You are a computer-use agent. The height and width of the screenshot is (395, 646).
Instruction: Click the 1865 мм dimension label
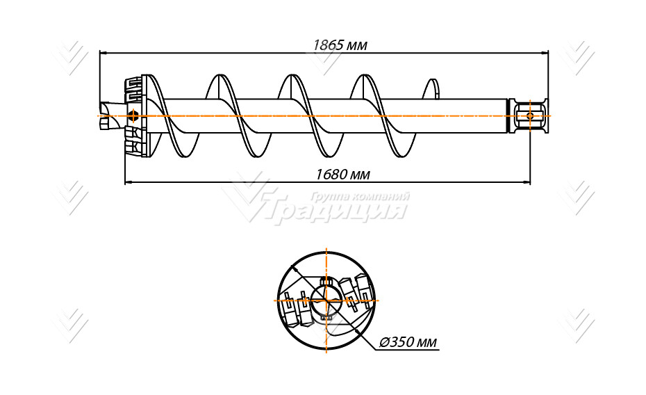(340, 45)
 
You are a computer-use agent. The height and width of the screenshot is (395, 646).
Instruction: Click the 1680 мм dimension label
(342, 175)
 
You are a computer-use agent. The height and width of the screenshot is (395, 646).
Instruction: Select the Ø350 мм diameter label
(408, 342)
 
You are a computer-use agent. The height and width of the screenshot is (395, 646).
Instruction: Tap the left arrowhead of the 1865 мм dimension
(103, 53)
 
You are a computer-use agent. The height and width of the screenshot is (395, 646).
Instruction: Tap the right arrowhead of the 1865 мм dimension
(545, 53)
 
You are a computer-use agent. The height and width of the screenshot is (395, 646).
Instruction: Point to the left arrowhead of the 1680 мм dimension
(129, 181)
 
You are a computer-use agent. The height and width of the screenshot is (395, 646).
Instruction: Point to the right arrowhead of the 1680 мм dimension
(526, 181)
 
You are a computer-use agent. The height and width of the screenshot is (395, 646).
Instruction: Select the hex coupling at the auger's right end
(529, 116)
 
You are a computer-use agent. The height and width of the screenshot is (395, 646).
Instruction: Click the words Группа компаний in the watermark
(360, 196)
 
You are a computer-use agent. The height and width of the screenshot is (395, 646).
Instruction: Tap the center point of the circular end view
(326, 300)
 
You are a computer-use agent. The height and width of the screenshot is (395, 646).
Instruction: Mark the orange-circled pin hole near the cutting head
(133, 116)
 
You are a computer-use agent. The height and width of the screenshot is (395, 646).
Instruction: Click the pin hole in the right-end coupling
(530, 116)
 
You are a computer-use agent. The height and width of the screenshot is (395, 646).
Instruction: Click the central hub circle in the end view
(326, 300)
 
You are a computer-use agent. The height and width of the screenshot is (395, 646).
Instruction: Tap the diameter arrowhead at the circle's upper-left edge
(294, 268)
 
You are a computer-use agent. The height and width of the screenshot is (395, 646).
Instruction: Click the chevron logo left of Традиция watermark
(247, 198)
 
